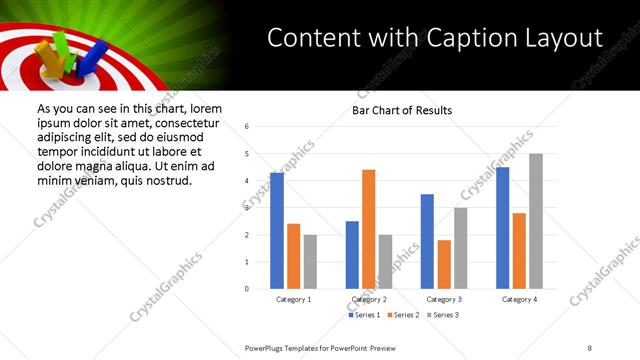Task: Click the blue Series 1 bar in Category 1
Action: (x=277, y=231)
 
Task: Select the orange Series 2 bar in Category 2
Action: (x=368, y=229)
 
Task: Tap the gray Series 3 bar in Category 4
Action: (x=536, y=221)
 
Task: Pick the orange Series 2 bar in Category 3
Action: (x=444, y=264)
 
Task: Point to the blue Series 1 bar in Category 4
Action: (x=502, y=228)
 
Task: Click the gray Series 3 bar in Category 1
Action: (x=310, y=262)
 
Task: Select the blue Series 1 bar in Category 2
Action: (x=352, y=255)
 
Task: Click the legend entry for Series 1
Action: (x=364, y=315)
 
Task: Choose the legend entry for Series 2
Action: (x=402, y=315)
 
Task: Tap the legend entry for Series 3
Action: (x=441, y=315)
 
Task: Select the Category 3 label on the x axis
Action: (x=443, y=299)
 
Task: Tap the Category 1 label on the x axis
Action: (x=293, y=299)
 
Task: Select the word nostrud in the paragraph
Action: (x=161, y=180)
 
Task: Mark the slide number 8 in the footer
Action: (x=590, y=347)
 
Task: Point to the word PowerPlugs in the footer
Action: (x=265, y=347)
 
